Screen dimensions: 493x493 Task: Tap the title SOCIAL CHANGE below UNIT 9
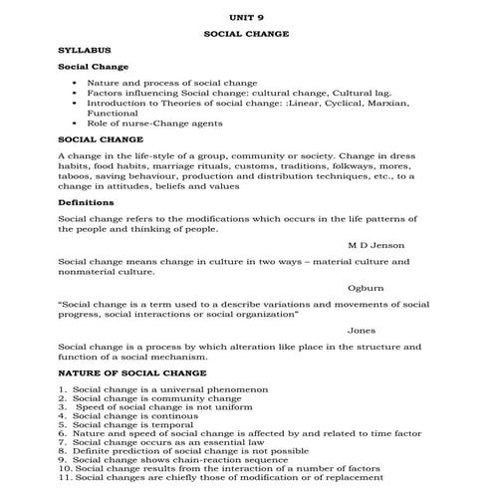pos(246,33)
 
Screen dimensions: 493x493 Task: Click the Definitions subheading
pos(85,202)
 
